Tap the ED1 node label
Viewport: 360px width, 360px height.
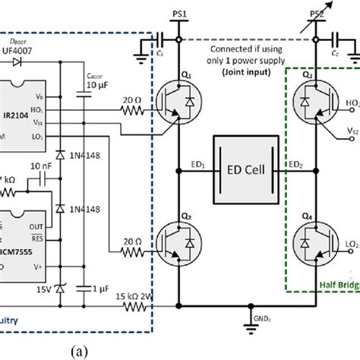(x=197, y=161)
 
